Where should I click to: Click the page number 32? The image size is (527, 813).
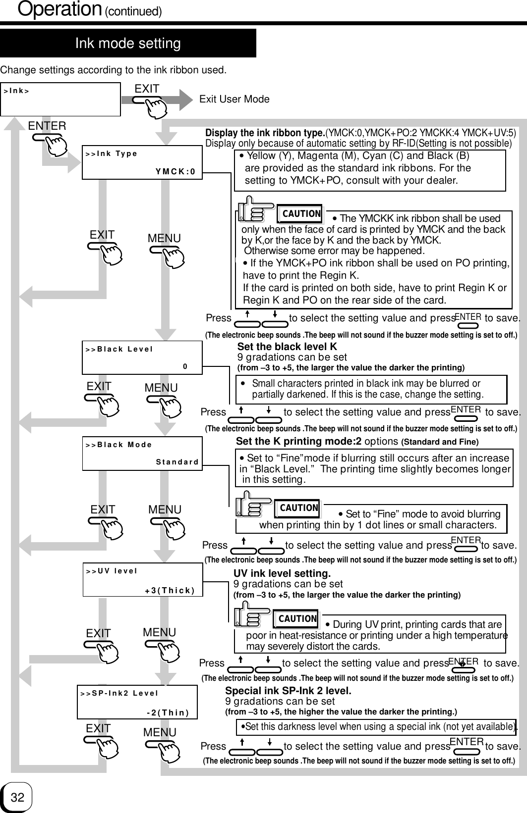point(17,797)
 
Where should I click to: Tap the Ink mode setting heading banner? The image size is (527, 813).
point(128,44)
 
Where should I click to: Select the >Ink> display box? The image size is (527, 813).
point(61,99)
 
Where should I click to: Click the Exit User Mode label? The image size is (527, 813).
point(234,99)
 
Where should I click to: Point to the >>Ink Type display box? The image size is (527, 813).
point(142,162)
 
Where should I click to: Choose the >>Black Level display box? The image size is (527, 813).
point(142,357)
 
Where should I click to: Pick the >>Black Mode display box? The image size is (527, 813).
point(142,453)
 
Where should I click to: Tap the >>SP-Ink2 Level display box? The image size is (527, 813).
point(137,702)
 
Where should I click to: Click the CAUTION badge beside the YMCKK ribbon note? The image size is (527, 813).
point(300,214)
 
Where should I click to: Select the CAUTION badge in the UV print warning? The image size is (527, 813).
point(297,618)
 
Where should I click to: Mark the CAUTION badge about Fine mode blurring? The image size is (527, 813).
point(298,508)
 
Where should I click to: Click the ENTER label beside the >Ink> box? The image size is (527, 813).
point(47,126)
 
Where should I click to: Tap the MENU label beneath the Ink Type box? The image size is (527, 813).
point(164,238)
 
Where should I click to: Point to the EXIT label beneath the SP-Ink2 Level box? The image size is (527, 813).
point(98,728)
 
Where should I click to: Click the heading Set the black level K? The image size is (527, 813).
point(287,347)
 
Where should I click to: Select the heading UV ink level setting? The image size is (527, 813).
point(282,574)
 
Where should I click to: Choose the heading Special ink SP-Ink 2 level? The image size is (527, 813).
point(288,691)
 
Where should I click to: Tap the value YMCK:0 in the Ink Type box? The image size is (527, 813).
point(175,172)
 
